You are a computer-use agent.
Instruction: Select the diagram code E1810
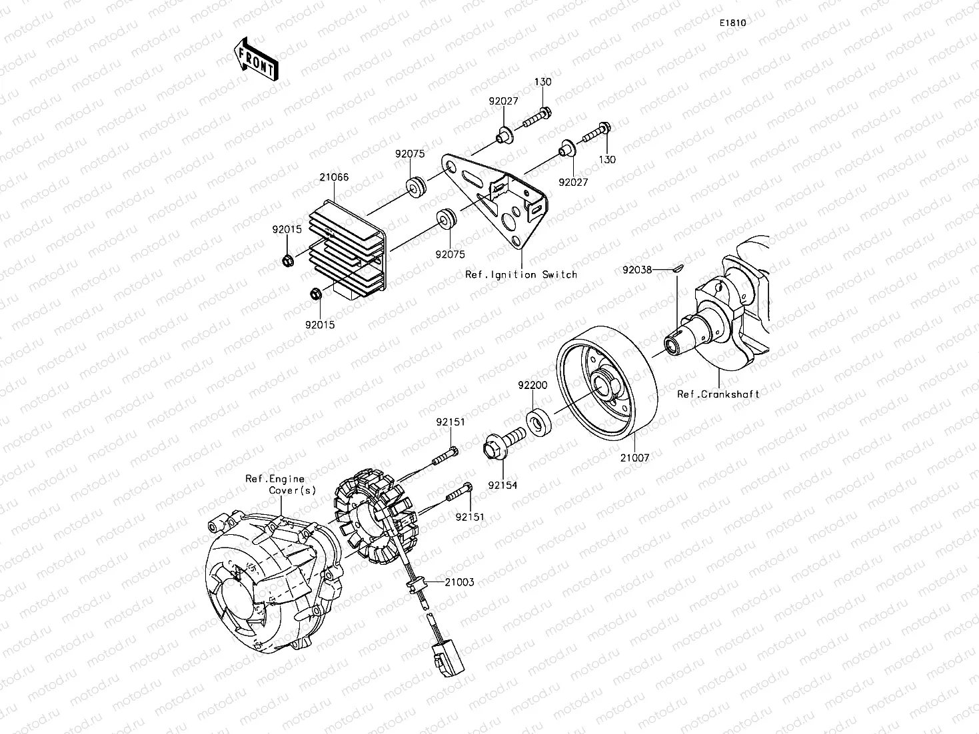732,23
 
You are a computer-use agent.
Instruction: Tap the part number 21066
334,178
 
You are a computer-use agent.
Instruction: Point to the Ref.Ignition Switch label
521,274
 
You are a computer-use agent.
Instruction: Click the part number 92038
637,270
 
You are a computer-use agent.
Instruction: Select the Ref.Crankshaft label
718,394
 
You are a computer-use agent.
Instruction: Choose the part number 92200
533,385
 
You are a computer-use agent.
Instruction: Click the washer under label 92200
538,423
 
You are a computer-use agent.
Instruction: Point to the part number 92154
502,486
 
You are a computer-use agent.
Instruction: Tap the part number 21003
459,582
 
